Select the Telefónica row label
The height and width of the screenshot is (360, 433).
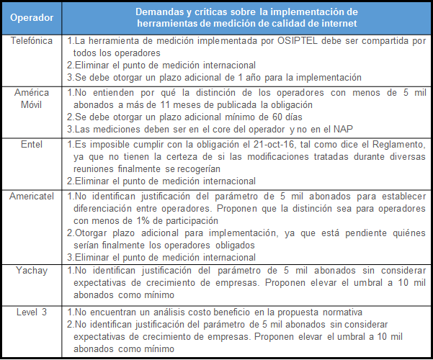pos(31,41)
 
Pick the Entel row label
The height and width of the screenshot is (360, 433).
pos(31,145)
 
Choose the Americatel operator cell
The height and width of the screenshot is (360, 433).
pos(31,197)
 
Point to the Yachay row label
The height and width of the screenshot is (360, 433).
pos(31,270)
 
